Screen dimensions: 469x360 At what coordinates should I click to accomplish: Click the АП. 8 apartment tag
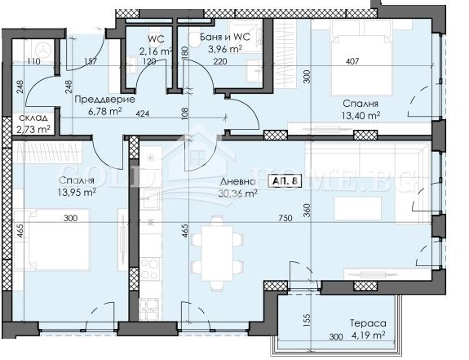285,180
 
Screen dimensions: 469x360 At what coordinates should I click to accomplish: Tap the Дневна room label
238,182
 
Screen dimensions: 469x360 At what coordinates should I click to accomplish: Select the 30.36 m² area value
238,193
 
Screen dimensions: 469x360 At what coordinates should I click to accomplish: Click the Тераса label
368,323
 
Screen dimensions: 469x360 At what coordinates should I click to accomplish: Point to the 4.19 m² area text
368,336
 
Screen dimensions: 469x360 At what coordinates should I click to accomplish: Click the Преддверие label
104,99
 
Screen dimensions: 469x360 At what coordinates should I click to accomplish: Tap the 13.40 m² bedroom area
361,115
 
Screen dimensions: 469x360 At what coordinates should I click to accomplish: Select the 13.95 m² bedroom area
77,192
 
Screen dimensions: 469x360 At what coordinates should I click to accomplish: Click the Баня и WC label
224,37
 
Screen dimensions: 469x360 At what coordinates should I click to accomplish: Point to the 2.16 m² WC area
156,51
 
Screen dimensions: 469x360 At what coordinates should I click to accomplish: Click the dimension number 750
285,218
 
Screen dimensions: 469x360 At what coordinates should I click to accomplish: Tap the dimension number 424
143,114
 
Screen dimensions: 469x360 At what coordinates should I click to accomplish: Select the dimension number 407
352,62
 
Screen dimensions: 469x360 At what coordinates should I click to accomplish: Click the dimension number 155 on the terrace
308,320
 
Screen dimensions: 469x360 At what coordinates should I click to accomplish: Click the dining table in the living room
217,253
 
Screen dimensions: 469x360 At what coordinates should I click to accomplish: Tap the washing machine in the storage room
43,49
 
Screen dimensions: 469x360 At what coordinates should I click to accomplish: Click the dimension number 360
308,211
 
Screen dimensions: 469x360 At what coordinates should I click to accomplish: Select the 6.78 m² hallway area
104,111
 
